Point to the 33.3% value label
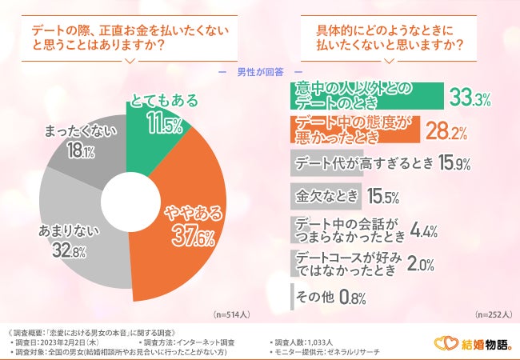click(470, 98)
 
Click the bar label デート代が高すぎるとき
click(364, 164)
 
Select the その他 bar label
click(314, 296)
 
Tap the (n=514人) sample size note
click(232, 315)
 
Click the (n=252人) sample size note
click(493, 315)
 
